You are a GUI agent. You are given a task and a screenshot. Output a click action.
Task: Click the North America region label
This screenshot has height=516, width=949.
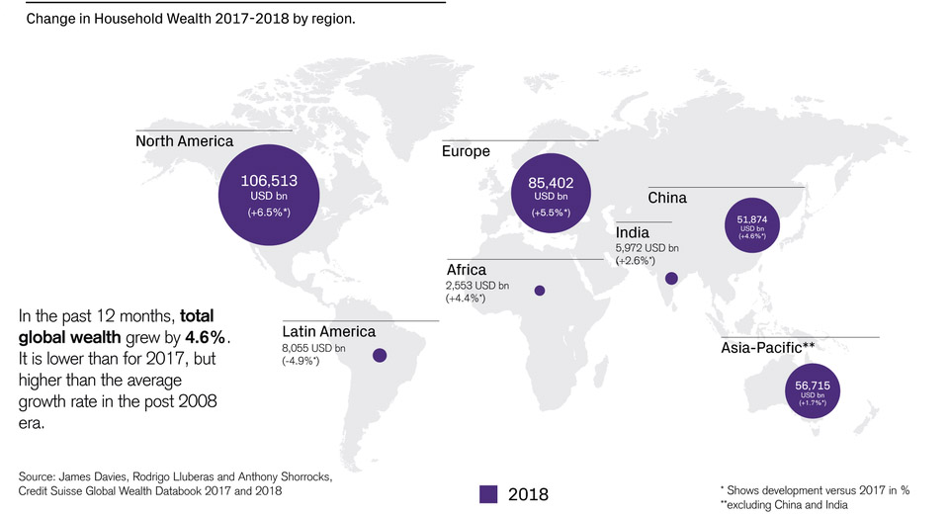(x=184, y=141)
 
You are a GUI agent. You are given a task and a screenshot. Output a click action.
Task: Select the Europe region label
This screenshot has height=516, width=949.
(x=468, y=151)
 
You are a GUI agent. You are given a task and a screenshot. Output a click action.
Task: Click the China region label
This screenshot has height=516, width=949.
(x=667, y=198)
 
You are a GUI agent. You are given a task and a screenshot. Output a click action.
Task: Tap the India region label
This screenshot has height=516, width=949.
(x=632, y=232)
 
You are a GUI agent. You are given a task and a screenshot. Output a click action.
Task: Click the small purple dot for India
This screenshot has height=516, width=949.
(x=671, y=279)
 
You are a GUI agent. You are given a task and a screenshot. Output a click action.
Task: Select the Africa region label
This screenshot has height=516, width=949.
(x=467, y=270)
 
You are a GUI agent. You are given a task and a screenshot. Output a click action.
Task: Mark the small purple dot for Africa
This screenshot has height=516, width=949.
(x=540, y=291)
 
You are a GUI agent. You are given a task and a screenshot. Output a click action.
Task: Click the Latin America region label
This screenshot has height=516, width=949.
(x=329, y=331)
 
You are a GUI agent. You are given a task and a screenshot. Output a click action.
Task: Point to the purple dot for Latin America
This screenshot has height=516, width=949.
(x=379, y=355)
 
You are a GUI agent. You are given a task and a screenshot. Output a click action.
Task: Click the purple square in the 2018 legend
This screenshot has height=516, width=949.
(x=487, y=493)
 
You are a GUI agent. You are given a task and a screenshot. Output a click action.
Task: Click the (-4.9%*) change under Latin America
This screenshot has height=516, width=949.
(x=302, y=361)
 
